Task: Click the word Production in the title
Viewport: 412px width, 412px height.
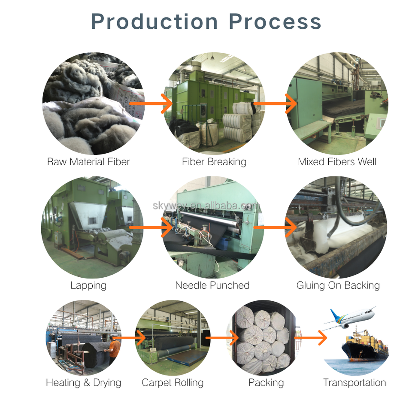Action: point(154,21)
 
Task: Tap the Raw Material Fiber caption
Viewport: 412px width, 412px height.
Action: point(88,162)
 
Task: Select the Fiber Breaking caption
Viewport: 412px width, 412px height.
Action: point(214,162)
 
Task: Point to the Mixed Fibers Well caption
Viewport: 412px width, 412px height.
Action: point(337,162)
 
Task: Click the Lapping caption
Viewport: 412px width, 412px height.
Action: point(88,285)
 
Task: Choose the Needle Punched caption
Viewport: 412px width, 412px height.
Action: point(212,285)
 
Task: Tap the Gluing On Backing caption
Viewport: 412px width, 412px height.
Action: point(338,285)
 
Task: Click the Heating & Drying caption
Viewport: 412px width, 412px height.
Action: point(84,382)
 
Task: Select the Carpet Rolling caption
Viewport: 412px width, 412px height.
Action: point(173,382)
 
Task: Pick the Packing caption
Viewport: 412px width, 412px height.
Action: point(266,382)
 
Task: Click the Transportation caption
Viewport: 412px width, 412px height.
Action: point(354,382)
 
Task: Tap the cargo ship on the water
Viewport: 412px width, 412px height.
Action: point(365,348)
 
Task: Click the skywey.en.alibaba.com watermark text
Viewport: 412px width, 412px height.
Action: point(206,206)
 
